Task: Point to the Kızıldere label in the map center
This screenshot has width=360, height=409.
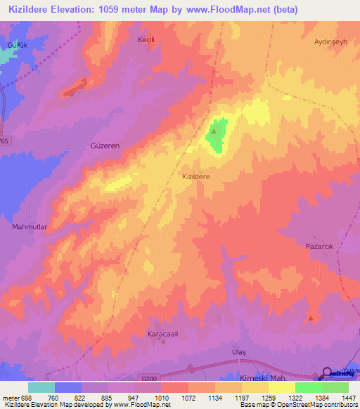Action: pyautogui.click(x=197, y=178)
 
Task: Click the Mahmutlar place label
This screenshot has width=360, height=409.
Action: pyautogui.click(x=29, y=227)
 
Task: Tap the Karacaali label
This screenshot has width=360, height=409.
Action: pyautogui.click(x=162, y=333)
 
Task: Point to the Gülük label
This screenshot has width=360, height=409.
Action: pyautogui.click(x=16, y=45)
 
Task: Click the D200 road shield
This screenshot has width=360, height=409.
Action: pyautogui.click(x=148, y=377)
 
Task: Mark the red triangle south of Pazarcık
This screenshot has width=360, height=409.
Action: pyautogui.click(x=311, y=318)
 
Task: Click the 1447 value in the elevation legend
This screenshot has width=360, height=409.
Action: pyautogui.click(x=347, y=398)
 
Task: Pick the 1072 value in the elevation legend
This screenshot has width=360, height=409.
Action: pyautogui.click(x=188, y=398)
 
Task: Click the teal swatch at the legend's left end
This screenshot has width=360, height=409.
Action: pyautogui.click(x=41, y=387)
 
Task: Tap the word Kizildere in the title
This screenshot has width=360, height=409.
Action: pyautogui.click(x=32, y=10)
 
